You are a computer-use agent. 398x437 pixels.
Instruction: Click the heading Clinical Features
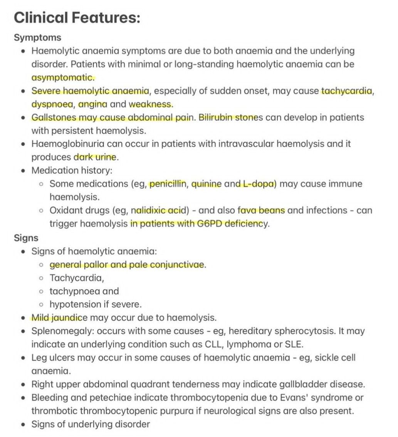[77, 18]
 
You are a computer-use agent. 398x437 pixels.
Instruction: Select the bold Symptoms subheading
[37, 38]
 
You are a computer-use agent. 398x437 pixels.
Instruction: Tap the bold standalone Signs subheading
[26, 238]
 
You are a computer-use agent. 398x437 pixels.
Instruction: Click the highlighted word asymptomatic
[62, 77]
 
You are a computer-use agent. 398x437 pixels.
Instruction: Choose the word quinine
[206, 184]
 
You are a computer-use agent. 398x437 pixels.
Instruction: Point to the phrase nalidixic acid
[160, 210]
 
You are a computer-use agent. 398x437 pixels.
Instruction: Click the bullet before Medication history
[24, 170]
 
